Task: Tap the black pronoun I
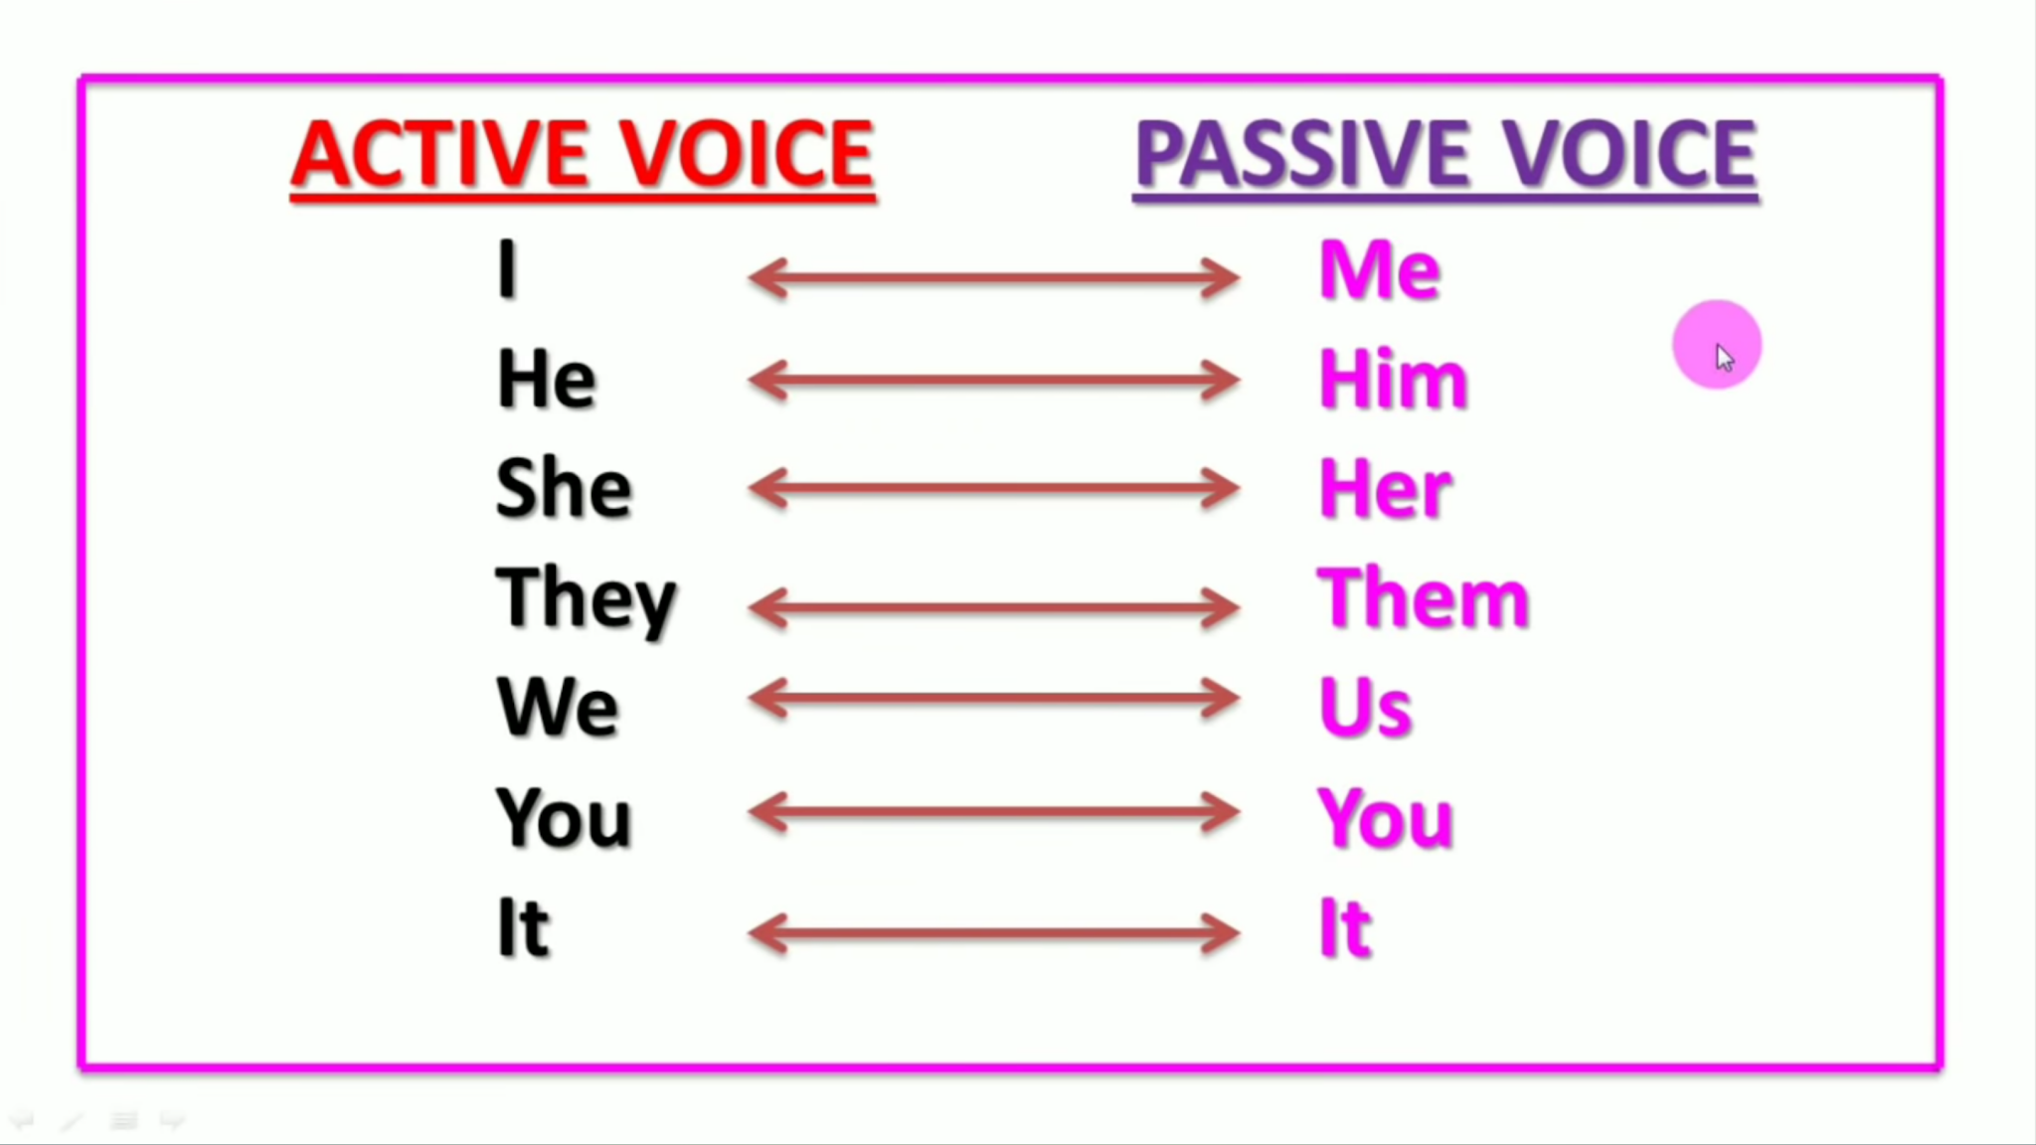point(507,268)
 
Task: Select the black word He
point(546,379)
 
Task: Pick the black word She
point(563,488)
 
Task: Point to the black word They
point(586,598)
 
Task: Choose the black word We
point(557,707)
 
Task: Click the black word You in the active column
point(563,817)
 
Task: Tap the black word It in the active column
point(522,926)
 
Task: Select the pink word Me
point(1379,269)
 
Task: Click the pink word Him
point(1393,379)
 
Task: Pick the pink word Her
point(1385,488)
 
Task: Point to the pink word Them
point(1423,598)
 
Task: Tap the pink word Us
point(1365,707)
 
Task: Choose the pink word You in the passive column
point(1385,817)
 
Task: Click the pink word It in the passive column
point(1345,926)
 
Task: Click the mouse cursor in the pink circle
point(1724,357)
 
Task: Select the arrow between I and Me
point(993,278)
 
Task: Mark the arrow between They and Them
point(993,607)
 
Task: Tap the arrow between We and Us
point(993,699)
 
